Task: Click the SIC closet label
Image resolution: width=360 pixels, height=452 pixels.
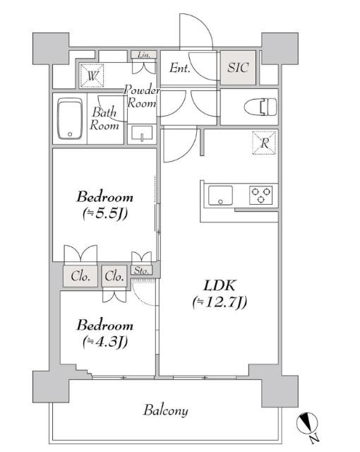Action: pyautogui.click(x=238, y=68)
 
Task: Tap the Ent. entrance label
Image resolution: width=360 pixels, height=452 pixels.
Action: pyautogui.click(x=180, y=68)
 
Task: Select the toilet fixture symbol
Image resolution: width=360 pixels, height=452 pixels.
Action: pyautogui.click(x=260, y=107)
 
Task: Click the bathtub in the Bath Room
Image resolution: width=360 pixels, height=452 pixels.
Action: pyautogui.click(x=70, y=119)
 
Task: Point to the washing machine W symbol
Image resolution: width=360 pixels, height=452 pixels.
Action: pyautogui.click(x=92, y=76)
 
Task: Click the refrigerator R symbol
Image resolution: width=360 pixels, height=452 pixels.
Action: pyautogui.click(x=265, y=143)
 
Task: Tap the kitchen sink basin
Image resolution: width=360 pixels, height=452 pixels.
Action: pyautogui.click(x=220, y=195)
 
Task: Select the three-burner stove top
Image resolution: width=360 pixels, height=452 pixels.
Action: pyautogui.click(x=261, y=195)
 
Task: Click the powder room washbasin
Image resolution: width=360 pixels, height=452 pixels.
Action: pyautogui.click(x=142, y=133)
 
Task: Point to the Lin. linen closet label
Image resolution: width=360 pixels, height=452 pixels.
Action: pyautogui.click(x=143, y=55)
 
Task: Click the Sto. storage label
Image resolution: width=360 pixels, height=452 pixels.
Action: pyautogui.click(x=141, y=270)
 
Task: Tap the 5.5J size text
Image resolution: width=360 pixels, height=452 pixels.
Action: pyautogui.click(x=105, y=213)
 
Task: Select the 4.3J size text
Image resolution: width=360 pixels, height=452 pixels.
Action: pyautogui.click(x=105, y=342)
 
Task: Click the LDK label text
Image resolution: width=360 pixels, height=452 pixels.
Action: pyautogui.click(x=220, y=285)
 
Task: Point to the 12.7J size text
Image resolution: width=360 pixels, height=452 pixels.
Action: pyautogui.click(x=220, y=302)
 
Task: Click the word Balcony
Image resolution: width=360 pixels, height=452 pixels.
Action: pyautogui.click(x=166, y=410)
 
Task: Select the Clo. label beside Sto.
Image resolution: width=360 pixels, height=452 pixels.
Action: pyautogui.click(x=114, y=276)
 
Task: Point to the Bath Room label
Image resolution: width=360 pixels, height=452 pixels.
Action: pyautogui.click(x=104, y=119)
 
